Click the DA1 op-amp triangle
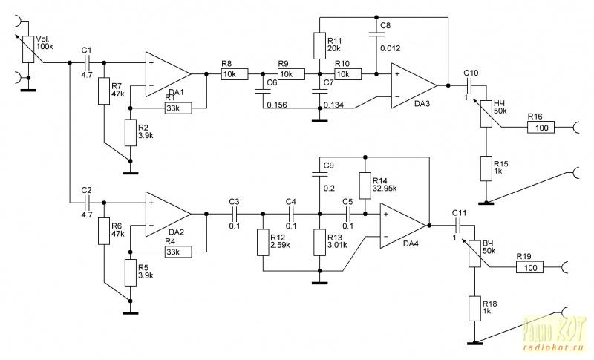[168, 74]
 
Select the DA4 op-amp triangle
[403, 226]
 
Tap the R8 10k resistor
[235, 74]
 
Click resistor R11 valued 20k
[319, 46]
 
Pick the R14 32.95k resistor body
[365, 186]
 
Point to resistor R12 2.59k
[263, 242]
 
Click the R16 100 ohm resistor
[541, 128]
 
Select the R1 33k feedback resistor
[178, 108]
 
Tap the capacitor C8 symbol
[376, 34]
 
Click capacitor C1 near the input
[87, 63]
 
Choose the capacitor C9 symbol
[319, 174]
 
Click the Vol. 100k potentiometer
[28, 49]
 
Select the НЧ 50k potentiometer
[486, 114]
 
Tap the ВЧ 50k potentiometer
[474, 254]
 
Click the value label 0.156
[277, 105]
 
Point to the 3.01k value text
[337, 245]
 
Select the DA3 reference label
[422, 103]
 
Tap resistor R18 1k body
[474, 309]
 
